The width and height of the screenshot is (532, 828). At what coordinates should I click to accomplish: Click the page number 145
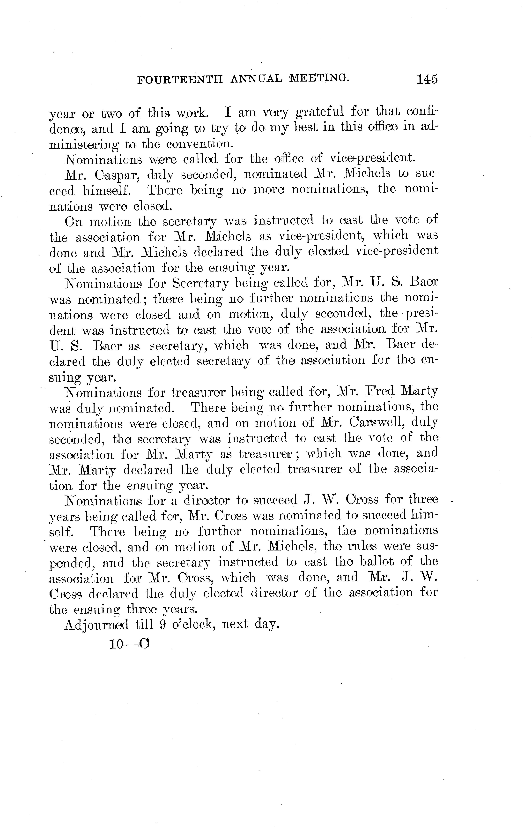[x=427, y=79]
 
